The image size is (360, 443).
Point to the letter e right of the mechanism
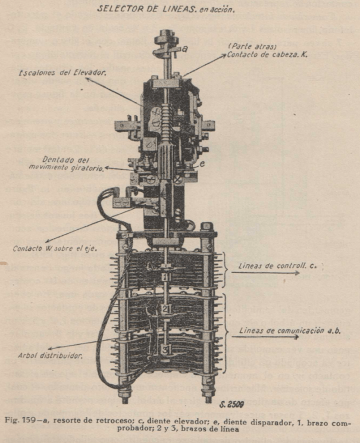(x=203, y=162)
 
